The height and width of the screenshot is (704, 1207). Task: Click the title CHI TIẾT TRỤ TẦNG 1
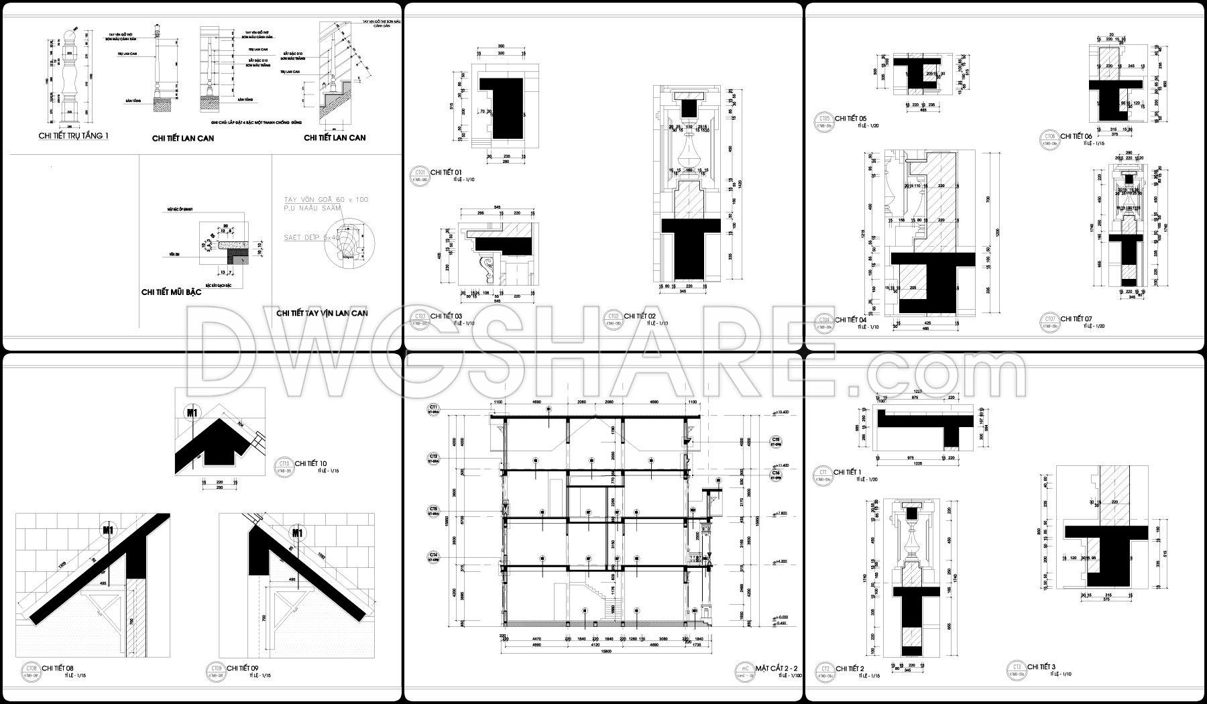coord(73,135)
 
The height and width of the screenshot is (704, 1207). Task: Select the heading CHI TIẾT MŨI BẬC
coord(171,292)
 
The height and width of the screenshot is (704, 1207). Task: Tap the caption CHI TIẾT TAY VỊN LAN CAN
coord(322,313)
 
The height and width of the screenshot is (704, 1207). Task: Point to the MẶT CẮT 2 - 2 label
coord(776,668)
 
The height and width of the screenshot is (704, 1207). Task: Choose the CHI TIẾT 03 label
coord(446,316)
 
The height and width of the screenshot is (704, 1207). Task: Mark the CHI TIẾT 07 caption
coord(1078,319)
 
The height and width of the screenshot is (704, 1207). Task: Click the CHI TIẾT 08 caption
coord(58,668)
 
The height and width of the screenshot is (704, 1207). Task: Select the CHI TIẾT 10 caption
coord(311,463)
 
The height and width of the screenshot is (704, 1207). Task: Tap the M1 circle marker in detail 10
coord(192,413)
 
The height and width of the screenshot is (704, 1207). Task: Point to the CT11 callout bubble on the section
coord(434,409)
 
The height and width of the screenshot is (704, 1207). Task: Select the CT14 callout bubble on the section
coord(434,556)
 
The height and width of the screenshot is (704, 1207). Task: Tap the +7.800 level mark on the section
coord(780,514)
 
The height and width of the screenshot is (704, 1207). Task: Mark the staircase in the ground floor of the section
coord(604,597)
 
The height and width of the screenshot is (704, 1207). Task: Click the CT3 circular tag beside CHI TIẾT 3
coord(1017,668)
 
